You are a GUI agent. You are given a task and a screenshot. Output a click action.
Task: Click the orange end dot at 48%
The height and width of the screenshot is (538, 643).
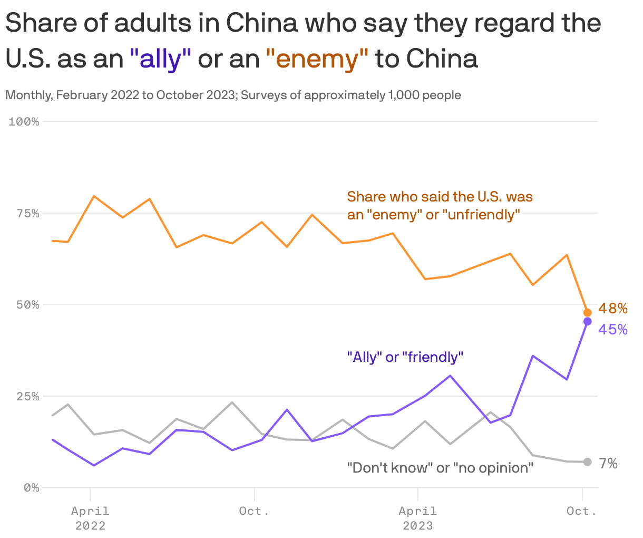(588, 313)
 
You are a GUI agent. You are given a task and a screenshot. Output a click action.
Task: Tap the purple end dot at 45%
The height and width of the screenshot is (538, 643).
(588, 321)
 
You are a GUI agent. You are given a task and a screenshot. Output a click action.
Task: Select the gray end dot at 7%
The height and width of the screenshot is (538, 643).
(588, 462)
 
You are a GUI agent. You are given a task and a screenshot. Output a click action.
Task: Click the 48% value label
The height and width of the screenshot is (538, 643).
(612, 309)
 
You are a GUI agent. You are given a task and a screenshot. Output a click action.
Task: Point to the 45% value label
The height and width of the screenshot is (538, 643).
(612, 330)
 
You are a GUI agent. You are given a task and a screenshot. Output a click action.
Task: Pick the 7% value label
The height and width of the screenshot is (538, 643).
(608, 463)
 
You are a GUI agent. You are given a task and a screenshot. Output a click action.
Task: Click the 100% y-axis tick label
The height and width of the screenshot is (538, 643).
(24, 122)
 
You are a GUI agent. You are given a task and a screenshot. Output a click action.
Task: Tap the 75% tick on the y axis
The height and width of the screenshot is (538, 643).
(27, 213)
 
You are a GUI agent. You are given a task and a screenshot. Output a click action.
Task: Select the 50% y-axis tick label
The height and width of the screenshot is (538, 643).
(27, 305)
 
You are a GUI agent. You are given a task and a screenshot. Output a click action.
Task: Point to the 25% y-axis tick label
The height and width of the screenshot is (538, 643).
(27, 396)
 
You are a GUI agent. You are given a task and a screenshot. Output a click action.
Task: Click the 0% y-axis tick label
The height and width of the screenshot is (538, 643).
(31, 488)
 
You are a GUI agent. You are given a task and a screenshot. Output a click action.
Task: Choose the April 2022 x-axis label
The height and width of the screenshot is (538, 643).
(91, 517)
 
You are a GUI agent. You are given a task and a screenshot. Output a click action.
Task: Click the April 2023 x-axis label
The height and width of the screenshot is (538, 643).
(418, 517)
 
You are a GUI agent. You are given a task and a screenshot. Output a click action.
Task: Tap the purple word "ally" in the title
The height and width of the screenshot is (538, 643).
(160, 59)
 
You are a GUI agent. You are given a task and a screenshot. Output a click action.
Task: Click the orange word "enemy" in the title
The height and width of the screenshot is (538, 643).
(317, 59)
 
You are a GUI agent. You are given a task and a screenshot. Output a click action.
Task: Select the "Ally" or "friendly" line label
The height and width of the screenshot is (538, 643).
(405, 357)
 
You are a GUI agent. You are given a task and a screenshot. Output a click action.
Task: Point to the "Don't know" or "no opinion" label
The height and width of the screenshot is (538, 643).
(440, 468)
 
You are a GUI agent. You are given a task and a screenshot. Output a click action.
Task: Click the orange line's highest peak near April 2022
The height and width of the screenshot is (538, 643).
(94, 196)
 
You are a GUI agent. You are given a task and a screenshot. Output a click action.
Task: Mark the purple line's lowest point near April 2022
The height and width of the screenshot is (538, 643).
(94, 465)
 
